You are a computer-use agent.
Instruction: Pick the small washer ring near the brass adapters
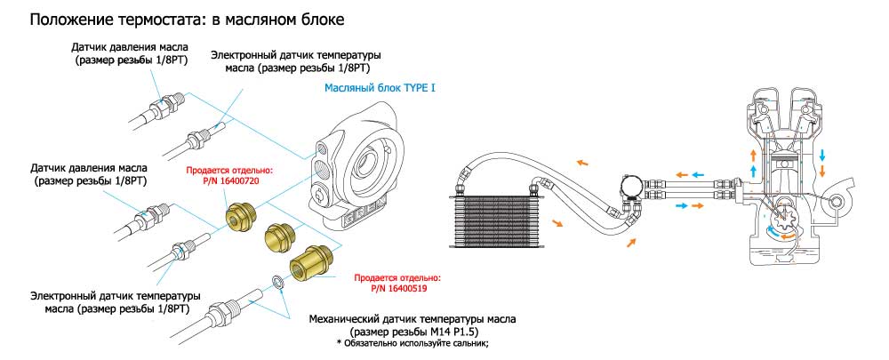[x=277, y=283]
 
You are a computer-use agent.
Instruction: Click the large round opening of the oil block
[x=364, y=164]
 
